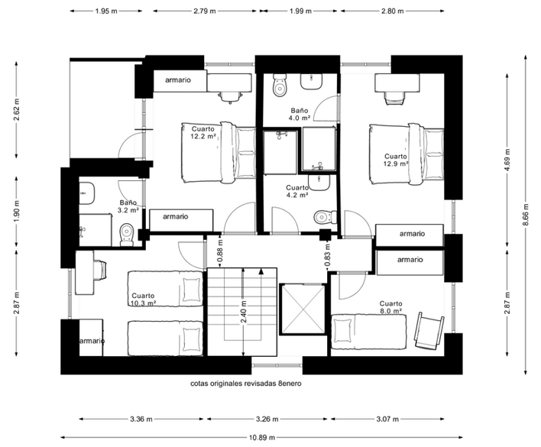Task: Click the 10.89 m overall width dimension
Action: point(262,437)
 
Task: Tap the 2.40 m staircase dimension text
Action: point(244,312)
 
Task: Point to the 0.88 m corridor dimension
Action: point(220,250)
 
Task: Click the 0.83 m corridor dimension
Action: point(328,255)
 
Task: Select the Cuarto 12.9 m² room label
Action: point(396,160)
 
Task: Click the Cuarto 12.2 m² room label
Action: point(203,132)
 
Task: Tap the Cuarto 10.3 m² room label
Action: point(143,300)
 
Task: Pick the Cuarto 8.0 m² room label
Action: point(391,307)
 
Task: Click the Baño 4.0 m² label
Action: point(300,114)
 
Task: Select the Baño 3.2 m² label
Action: point(128,206)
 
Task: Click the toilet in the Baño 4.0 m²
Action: point(280,85)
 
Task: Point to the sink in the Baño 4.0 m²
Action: point(312,82)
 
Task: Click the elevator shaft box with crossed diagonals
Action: point(303,309)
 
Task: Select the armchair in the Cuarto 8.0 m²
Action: point(429,331)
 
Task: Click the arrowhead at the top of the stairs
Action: point(261,271)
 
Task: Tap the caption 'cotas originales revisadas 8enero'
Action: point(246,384)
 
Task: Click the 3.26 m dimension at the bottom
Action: point(267,419)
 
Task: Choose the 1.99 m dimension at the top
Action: point(300,11)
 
